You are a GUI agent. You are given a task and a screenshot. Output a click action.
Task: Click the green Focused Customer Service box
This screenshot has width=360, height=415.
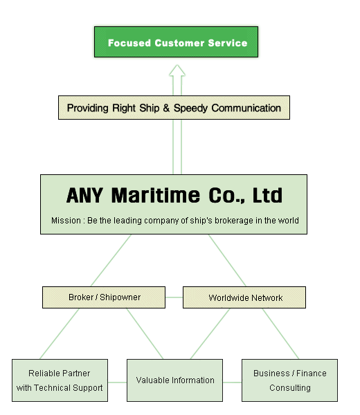click(176, 41)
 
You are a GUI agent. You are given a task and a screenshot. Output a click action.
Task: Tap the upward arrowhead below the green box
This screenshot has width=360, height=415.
click(177, 71)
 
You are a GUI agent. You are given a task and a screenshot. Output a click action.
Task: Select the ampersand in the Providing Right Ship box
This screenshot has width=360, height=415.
click(166, 108)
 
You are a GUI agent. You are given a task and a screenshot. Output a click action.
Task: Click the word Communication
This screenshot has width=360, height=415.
click(246, 108)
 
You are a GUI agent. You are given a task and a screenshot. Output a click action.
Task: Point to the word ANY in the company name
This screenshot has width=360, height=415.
click(84, 195)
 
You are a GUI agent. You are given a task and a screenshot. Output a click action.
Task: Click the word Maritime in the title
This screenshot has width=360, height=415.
click(156, 195)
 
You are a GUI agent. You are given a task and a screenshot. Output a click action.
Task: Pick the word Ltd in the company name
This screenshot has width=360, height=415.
click(267, 195)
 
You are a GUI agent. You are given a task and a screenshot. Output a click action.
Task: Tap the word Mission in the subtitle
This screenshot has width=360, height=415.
click(66, 221)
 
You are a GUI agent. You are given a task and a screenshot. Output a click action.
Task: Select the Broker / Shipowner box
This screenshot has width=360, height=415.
click(104, 297)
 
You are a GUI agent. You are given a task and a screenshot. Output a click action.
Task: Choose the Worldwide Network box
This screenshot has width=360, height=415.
click(244, 297)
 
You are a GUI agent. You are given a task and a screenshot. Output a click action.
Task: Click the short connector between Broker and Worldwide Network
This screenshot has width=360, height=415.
click(174, 297)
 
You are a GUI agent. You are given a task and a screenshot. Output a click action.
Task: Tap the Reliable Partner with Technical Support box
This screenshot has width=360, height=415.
click(60, 380)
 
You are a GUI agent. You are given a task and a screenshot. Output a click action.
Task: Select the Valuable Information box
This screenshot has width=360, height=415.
click(175, 380)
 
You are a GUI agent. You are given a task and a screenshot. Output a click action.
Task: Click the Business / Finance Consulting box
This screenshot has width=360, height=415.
click(290, 380)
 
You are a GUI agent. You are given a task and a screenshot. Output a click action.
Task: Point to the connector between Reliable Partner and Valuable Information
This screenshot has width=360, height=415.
click(118, 382)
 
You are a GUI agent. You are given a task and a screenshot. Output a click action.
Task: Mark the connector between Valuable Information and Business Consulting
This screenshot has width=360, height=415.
click(233, 382)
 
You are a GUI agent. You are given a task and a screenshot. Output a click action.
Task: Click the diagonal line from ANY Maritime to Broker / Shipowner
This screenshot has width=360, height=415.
click(111, 261)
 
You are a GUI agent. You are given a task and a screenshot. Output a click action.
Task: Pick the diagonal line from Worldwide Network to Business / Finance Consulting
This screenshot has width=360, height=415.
click(280, 334)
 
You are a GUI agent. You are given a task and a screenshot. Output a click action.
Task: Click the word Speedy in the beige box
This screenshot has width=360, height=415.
click(190, 109)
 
